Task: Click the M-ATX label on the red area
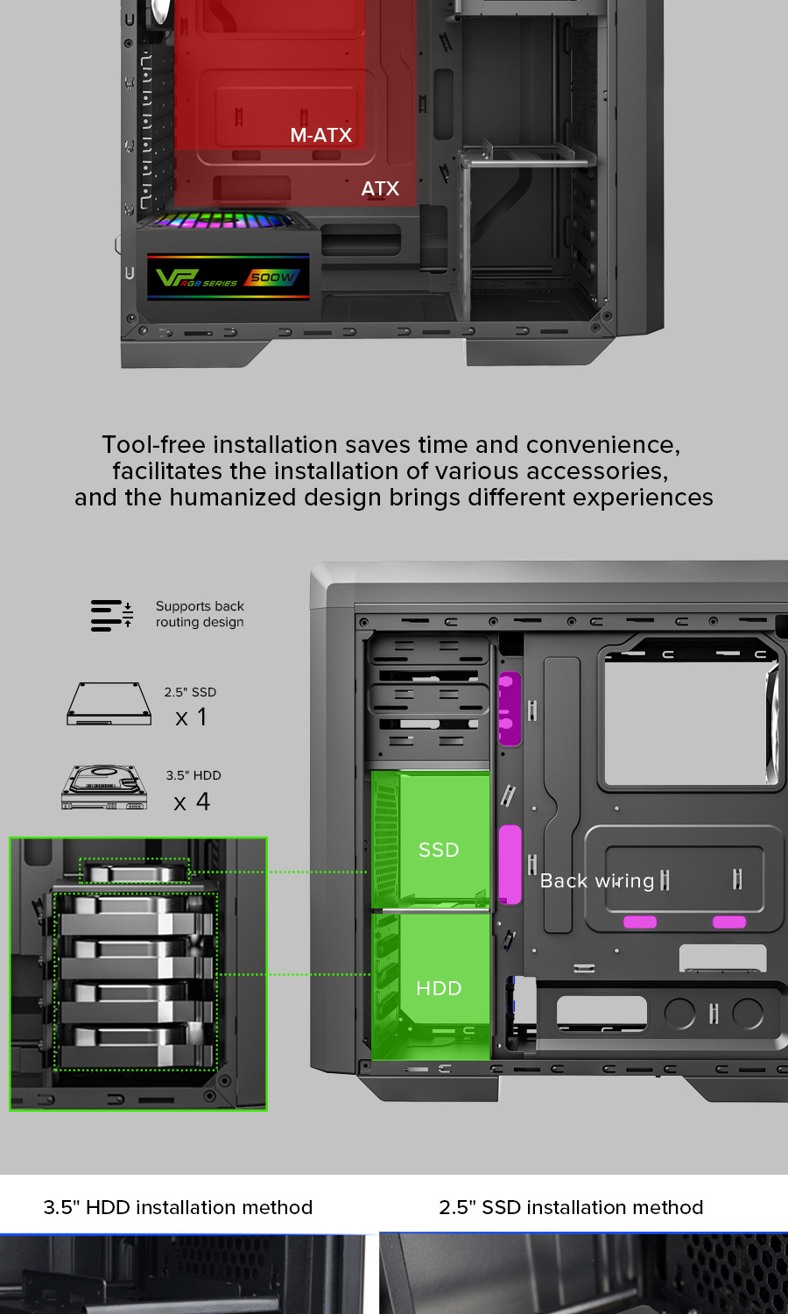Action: (320, 136)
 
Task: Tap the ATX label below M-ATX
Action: (380, 189)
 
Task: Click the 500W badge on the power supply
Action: (272, 277)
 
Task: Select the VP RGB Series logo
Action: (196, 278)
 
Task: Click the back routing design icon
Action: (111, 615)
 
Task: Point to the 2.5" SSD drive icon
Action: (109, 703)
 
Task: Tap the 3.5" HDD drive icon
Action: (104, 788)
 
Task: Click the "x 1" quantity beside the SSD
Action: (191, 717)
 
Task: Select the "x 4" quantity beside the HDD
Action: (192, 802)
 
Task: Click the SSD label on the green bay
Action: (439, 850)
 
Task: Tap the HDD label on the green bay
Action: (439, 988)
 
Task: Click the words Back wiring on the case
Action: (597, 880)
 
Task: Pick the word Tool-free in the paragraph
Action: (153, 445)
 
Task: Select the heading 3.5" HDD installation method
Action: (178, 1207)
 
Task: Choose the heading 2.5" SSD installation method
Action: (571, 1207)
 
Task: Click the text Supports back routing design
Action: (200, 614)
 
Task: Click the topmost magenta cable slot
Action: (510, 709)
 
